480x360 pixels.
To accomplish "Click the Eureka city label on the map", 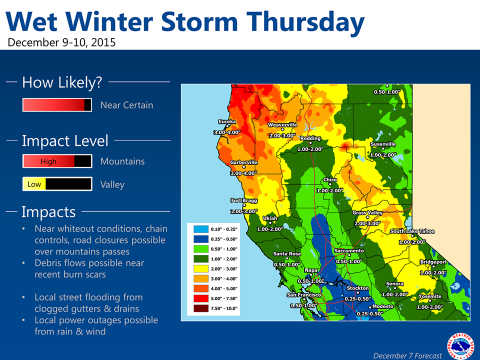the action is pos(227,121).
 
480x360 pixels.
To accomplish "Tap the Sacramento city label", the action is pos(349,250).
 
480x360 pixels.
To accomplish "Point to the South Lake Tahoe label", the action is pos(412,231).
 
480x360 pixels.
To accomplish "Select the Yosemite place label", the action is pos(430,296).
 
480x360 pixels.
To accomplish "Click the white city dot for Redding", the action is pos(310,143).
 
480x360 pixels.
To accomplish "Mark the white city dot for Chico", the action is pos(330,184).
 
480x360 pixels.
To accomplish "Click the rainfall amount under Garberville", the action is pos(243,173).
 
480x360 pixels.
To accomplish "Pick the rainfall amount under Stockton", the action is pos(357,299).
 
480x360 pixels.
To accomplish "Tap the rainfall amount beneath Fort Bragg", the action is pos(243,211).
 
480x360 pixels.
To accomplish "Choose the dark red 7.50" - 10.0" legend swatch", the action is pos(201,308).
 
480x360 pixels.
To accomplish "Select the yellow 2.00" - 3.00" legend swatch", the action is pos(201,269).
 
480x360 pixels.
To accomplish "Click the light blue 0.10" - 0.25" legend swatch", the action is pos(201,229).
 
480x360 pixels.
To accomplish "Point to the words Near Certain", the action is pos(126,105).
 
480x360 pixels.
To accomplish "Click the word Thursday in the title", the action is pos(305,22).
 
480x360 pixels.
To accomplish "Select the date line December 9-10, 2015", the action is pos(61,42).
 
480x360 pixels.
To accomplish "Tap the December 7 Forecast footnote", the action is pos(407,355).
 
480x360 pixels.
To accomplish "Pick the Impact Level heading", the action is pos(65,141).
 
